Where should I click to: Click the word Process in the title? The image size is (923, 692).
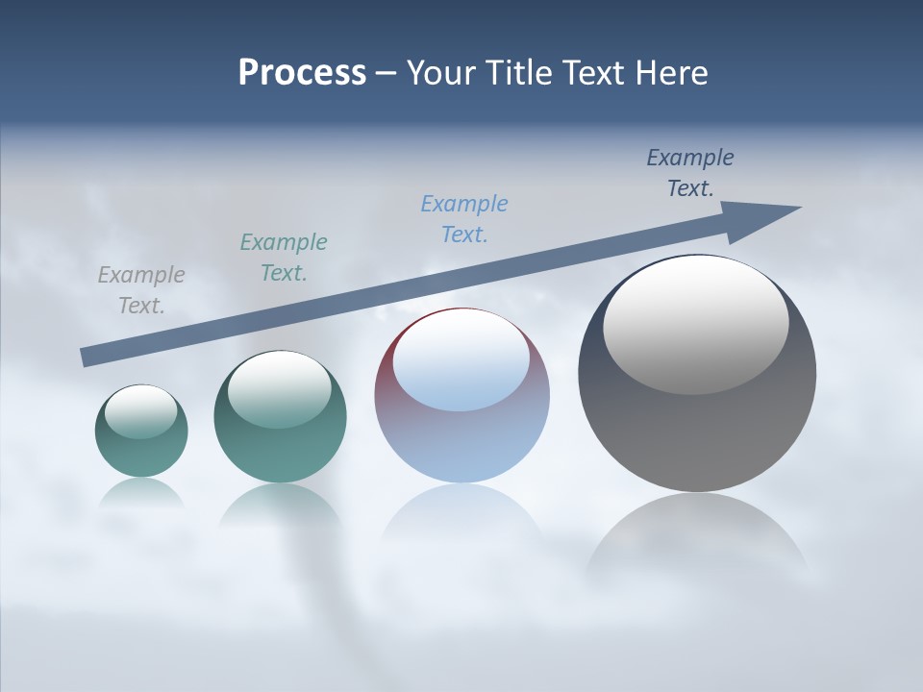click(x=302, y=73)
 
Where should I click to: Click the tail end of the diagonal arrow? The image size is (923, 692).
click(x=87, y=357)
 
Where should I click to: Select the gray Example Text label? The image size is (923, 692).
click(x=141, y=290)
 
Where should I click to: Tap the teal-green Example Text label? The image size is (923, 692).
click(x=284, y=258)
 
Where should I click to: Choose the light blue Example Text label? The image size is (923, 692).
click(x=464, y=219)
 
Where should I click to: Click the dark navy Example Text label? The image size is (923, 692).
click(x=690, y=173)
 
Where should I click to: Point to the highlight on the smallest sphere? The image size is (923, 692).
click(x=141, y=411)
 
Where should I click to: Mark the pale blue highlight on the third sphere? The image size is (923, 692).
click(x=461, y=363)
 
